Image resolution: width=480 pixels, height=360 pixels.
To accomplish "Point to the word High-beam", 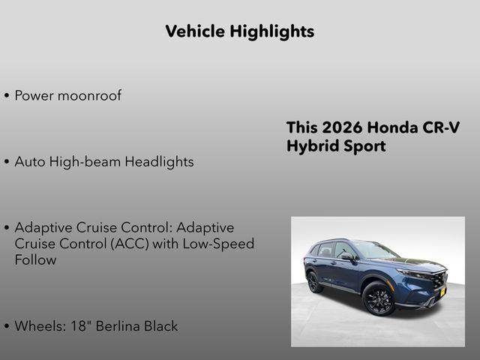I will coord(83,162).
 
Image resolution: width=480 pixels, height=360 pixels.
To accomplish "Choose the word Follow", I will coord(35,260).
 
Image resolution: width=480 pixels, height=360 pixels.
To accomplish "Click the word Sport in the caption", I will coord(362,146).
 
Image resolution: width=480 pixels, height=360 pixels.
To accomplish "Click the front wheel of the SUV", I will coord(379,298).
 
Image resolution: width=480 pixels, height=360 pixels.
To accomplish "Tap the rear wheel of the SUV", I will coord(314,282).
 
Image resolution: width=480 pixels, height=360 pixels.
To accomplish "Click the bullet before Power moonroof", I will coord(7,97).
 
